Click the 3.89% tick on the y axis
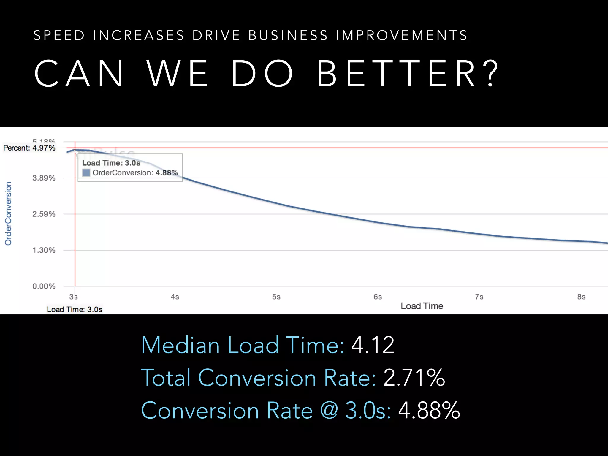coord(44,178)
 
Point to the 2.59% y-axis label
coord(44,214)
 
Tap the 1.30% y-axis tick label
coord(44,250)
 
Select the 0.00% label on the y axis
coord(44,286)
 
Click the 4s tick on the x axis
coord(175,297)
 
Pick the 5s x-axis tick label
coord(276,297)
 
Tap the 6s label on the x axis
coord(378,297)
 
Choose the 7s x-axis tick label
coord(479,297)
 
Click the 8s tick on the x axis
coord(581,297)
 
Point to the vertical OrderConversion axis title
coord(8,213)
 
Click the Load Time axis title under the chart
coord(422,306)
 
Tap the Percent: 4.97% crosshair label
coord(29,148)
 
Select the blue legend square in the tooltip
coord(86,173)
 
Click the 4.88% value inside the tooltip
coord(167,173)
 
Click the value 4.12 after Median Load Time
coord(373,345)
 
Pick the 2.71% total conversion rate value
coord(414,378)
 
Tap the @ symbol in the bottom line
coord(329,411)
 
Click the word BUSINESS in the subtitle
coord(288,36)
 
